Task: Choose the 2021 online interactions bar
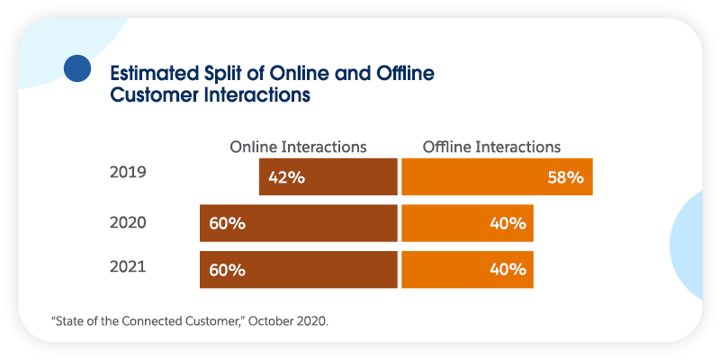tap(299, 269)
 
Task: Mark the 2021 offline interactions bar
tap(467, 269)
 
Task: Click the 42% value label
tap(286, 177)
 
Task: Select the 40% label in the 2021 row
tap(508, 269)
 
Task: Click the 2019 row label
tap(125, 174)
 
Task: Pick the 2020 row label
tap(125, 221)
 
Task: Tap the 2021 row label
tap(125, 266)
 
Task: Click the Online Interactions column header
tap(298, 147)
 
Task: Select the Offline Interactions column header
tap(491, 147)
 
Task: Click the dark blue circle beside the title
tap(78, 68)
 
